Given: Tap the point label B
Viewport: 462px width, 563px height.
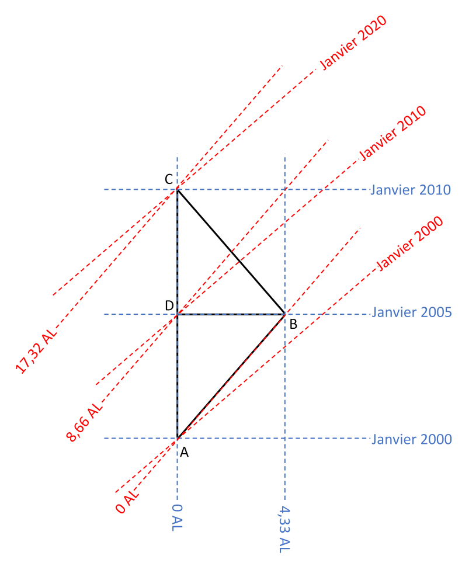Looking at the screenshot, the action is point(293,324).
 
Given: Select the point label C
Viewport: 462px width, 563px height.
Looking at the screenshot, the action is point(168,179).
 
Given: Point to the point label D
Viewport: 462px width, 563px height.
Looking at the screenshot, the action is point(168,305).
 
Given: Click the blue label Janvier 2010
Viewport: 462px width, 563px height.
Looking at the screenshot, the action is point(411,190).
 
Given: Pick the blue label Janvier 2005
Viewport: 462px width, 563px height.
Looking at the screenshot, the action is point(411,312).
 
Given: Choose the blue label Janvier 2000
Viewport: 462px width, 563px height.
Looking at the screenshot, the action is point(411,439).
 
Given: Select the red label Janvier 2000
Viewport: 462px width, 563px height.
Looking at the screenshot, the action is point(409,243).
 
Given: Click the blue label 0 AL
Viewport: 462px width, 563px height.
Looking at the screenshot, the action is point(177,518).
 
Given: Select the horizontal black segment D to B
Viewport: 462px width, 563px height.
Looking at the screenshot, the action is point(231,314).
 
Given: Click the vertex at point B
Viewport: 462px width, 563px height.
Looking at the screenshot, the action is point(284,314).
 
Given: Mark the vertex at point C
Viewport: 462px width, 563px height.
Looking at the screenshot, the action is point(177,190).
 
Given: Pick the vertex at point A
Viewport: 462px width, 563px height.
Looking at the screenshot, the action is point(177,438).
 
